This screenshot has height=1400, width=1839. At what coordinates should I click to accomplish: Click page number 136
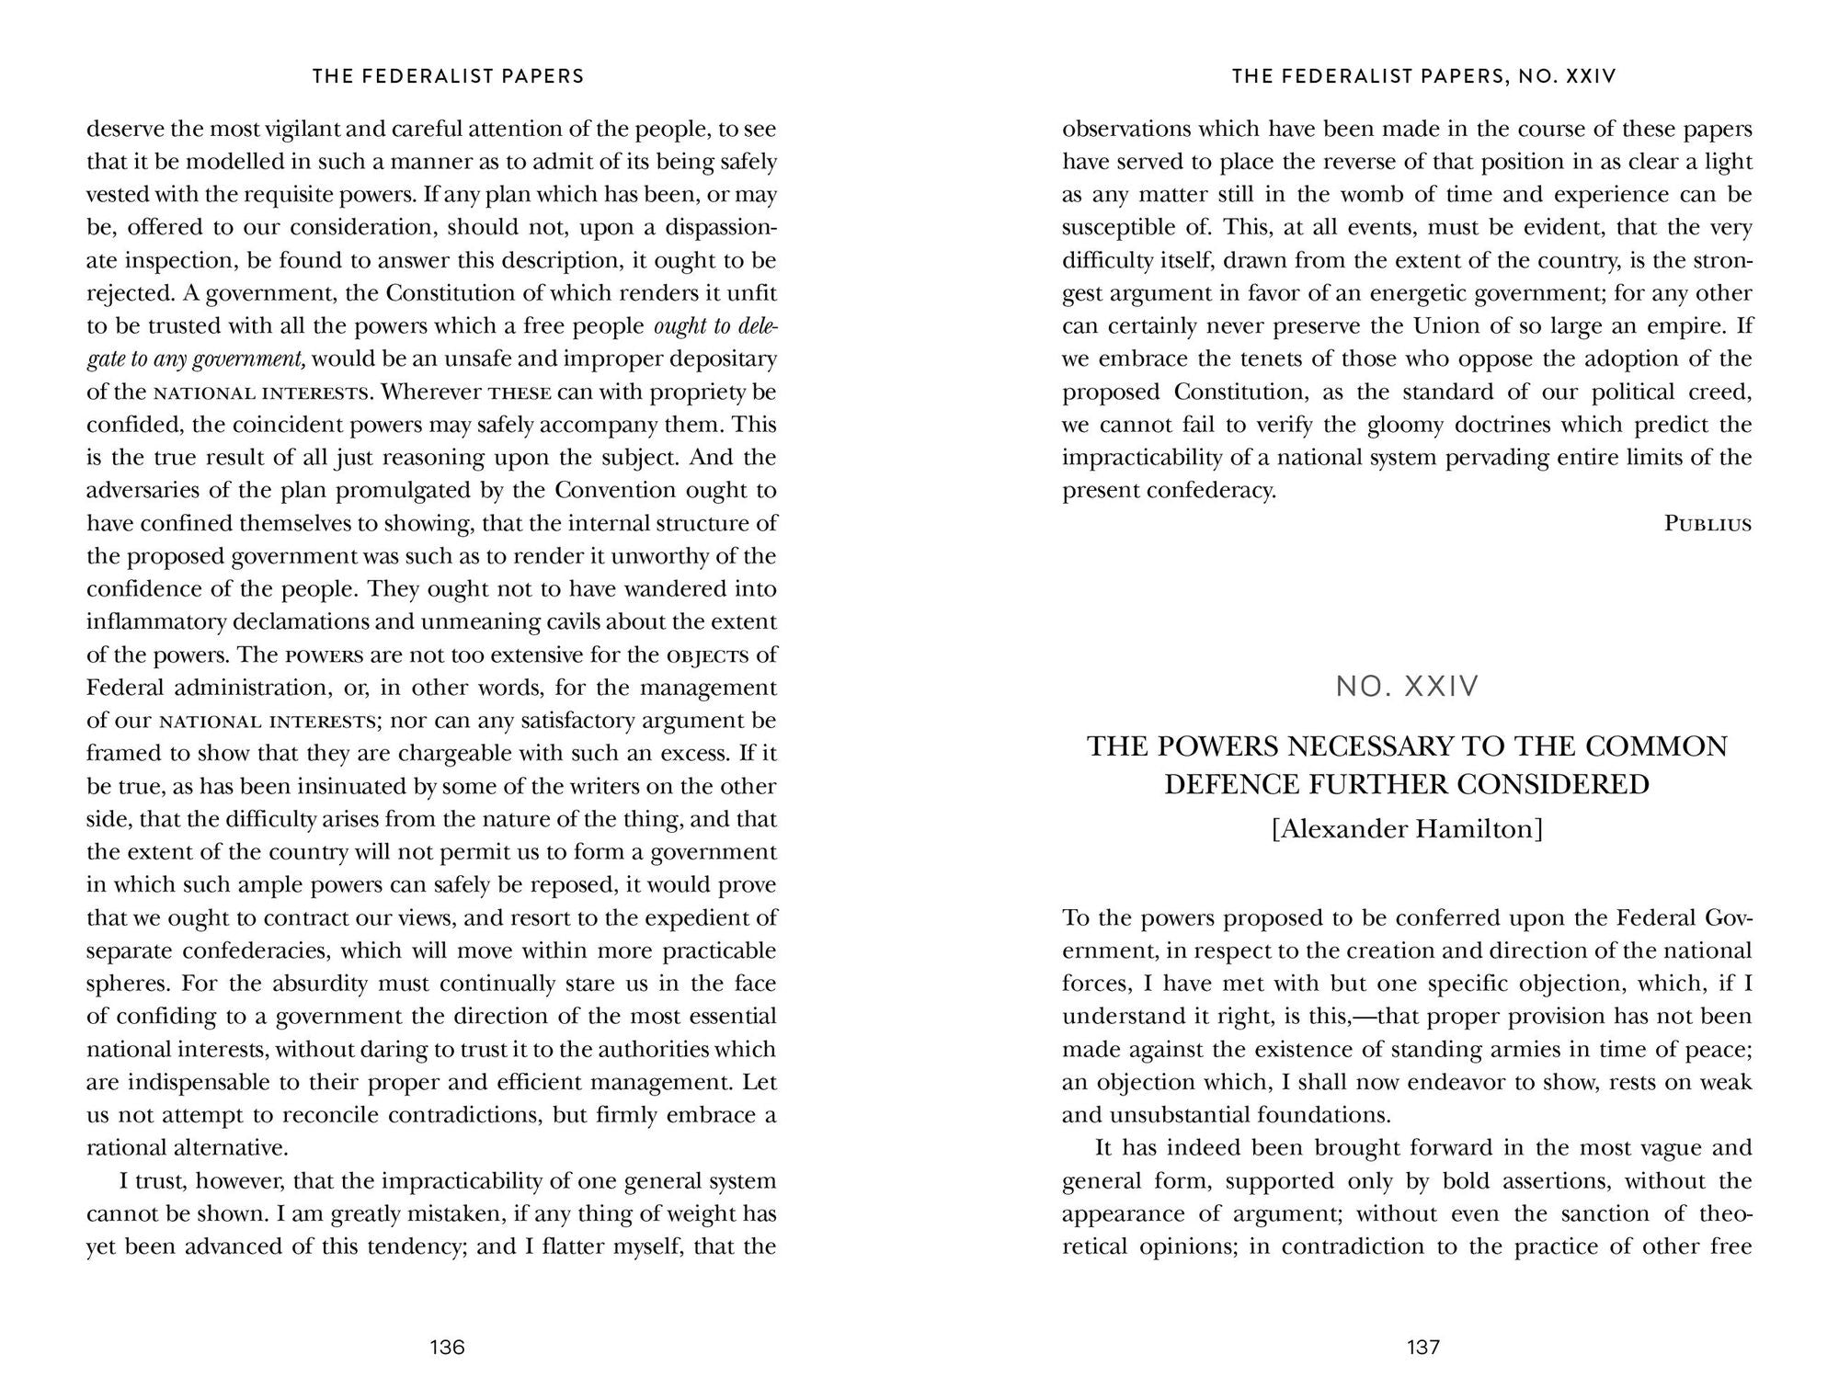point(447,1348)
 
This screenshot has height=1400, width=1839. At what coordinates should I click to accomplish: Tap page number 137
point(1422,1348)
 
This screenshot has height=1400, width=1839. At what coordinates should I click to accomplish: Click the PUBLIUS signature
point(1708,525)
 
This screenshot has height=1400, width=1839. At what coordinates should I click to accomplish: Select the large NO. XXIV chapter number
point(1408,687)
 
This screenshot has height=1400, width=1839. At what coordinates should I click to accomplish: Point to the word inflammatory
point(154,621)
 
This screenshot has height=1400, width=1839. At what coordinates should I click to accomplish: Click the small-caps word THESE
point(520,393)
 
